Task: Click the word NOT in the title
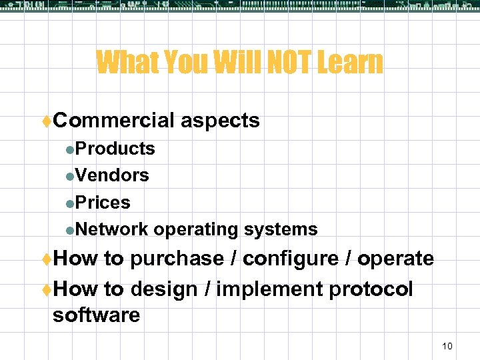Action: coord(284,63)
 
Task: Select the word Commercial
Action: coord(113,120)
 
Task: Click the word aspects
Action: coord(220,121)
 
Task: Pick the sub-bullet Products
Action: coord(115,148)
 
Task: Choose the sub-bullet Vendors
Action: coord(112,175)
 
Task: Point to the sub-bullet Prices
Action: coord(103,202)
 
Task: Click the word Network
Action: coord(111,229)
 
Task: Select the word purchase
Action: coord(177,259)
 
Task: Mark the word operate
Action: coord(395,259)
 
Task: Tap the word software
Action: coord(96,315)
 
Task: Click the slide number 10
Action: coord(447,345)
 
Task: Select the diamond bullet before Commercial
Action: coord(47,121)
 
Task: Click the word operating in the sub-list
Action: coord(197,230)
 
